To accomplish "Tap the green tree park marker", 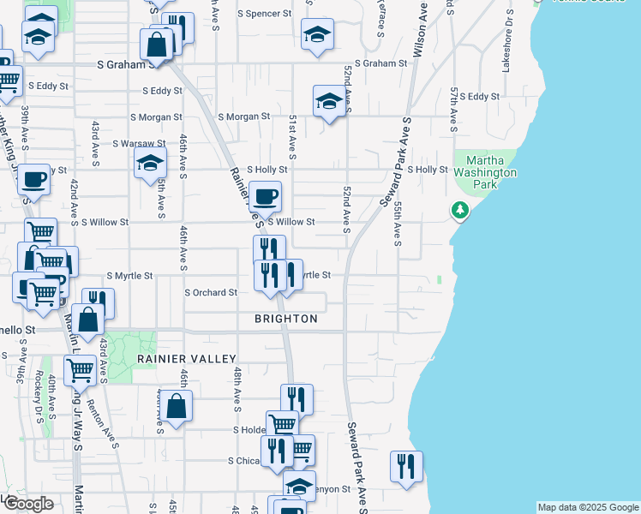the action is pyautogui.click(x=459, y=210).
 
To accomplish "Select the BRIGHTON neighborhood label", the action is pyautogui.click(x=286, y=319).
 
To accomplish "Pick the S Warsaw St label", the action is pyautogui.click(x=136, y=143).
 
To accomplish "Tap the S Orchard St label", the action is pyautogui.click(x=211, y=292).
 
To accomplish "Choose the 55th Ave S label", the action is pyautogui.click(x=398, y=223).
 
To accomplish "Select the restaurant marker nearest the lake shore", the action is pyautogui.click(x=405, y=467).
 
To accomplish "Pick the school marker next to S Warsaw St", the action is pyautogui.click(x=150, y=163).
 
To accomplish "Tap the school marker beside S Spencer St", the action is pyautogui.click(x=317, y=34).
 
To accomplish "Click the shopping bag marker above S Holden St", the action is pyautogui.click(x=176, y=408).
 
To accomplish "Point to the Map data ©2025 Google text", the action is pyautogui.click(x=587, y=507).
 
